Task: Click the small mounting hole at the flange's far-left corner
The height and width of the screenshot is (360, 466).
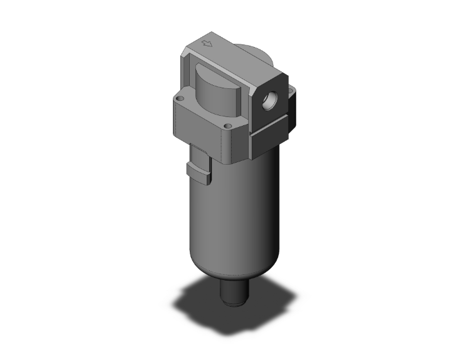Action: (180, 98)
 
